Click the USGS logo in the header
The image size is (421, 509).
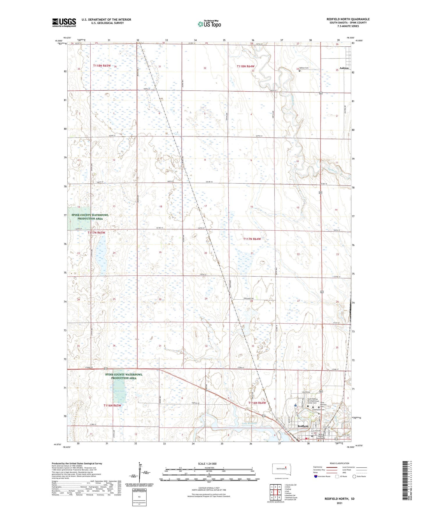point(64,22)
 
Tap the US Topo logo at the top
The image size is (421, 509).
point(209,24)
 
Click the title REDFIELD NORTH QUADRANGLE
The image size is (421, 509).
point(348,19)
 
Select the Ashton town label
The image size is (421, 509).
point(344,68)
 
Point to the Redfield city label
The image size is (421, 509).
point(303,426)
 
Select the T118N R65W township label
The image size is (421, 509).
point(102,66)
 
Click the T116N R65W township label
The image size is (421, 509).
point(112,406)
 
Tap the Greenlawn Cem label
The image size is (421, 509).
point(318,410)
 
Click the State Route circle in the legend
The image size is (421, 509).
point(354,476)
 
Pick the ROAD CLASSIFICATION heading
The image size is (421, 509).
point(339,463)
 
